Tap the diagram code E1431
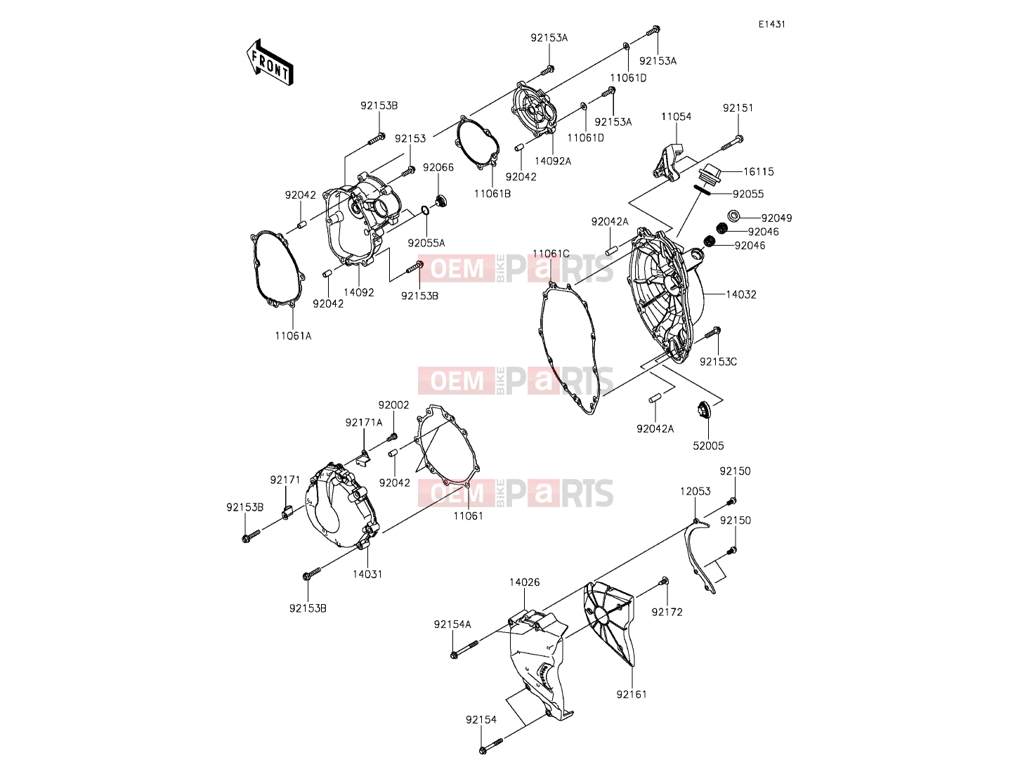coord(771,25)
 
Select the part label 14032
coord(741,295)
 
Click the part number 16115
coord(758,171)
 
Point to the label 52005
coord(709,445)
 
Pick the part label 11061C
coord(551,254)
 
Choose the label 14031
coord(367,574)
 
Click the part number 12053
coord(695,491)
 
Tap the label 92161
coord(632,694)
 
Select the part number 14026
coord(524,582)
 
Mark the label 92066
coord(438,167)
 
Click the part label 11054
coord(676,117)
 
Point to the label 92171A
coord(364,423)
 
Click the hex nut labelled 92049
coord(733,216)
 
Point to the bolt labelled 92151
coord(732,144)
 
